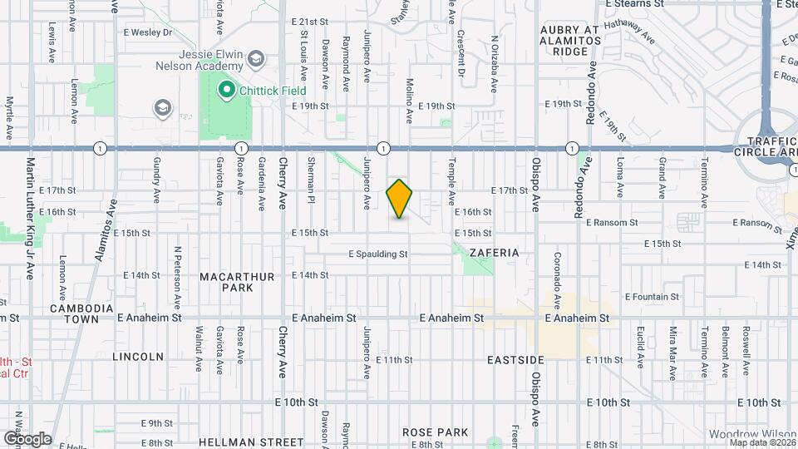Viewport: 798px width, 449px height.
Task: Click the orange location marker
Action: point(400,199)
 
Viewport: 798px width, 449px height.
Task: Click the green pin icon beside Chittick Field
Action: point(224,89)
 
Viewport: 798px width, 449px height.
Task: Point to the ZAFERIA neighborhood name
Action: point(496,252)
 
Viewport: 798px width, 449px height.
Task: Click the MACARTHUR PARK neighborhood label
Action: point(224,281)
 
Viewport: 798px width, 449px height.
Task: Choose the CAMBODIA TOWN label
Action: point(81,313)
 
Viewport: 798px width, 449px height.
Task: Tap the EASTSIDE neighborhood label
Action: point(515,359)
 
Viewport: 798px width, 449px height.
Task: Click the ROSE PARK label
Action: point(435,432)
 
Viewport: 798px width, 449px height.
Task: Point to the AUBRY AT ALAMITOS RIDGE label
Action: point(569,40)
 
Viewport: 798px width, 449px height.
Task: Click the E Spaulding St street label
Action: point(378,254)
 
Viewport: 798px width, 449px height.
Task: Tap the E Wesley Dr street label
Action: point(146,33)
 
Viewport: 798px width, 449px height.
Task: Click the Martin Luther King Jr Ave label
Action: point(30,218)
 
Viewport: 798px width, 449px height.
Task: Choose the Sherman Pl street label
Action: point(311,179)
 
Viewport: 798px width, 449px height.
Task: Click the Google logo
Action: point(27,438)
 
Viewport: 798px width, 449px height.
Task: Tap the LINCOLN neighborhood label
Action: point(138,357)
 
